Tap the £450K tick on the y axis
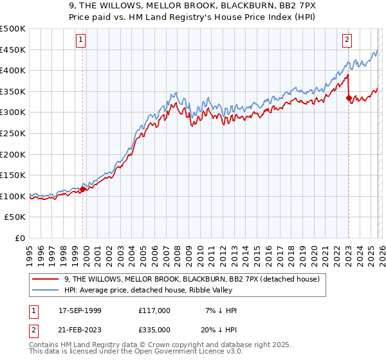pyautogui.click(x=13, y=50)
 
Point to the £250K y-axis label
pyautogui.click(x=13, y=133)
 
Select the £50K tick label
pyautogui.click(x=15, y=217)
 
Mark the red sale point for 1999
pyautogui.click(x=83, y=189)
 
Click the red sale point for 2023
pyautogui.click(x=349, y=98)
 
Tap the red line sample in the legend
pyautogui.click(x=46, y=278)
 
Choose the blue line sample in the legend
pyautogui.click(x=46, y=290)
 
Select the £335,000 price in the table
pyautogui.click(x=154, y=329)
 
